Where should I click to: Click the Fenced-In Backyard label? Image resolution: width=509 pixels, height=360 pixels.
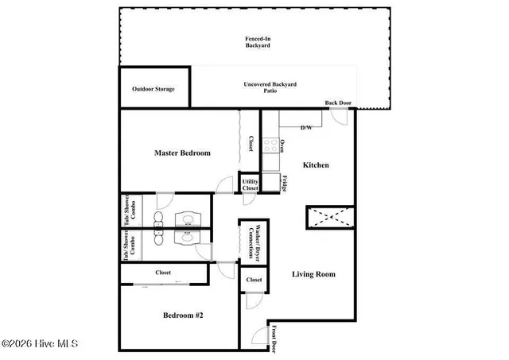click(257, 42)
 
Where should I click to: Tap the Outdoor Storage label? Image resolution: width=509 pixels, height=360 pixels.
click(153, 89)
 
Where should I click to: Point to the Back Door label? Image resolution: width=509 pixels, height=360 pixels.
click(338, 103)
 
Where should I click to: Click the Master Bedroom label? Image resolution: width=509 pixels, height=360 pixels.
click(182, 153)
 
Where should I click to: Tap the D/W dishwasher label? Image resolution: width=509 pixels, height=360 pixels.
click(306, 127)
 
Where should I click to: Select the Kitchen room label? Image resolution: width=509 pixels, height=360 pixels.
click(316, 165)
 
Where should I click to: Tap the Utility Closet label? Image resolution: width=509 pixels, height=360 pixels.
click(250, 185)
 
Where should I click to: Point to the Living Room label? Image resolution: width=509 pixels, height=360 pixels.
click(313, 274)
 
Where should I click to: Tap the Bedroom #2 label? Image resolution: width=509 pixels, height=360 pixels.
click(183, 315)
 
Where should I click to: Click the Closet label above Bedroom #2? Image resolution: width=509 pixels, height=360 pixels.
click(163, 273)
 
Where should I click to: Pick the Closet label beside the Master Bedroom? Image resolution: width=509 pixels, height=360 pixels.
click(250, 143)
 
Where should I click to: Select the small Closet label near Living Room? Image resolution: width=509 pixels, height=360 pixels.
click(254, 281)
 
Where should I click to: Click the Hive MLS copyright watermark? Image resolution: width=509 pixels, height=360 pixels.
click(40, 344)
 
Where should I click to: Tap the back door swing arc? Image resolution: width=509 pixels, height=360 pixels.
click(340, 118)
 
